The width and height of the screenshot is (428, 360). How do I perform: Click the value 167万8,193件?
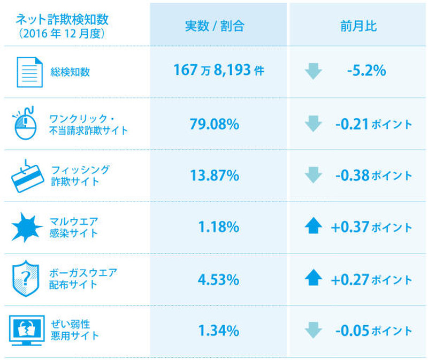pyautogui.click(x=218, y=71)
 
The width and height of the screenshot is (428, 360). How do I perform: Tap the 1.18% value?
pyautogui.click(x=218, y=227)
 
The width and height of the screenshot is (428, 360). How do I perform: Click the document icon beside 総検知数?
pyautogui.click(x=29, y=71)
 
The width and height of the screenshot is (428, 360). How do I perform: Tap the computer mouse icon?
pyautogui.click(x=26, y=124)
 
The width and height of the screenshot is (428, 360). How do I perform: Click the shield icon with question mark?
pyautogui.click(x=25, y=279)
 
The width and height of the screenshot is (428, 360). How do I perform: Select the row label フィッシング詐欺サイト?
pyautogui.click(x=80, y=175)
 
